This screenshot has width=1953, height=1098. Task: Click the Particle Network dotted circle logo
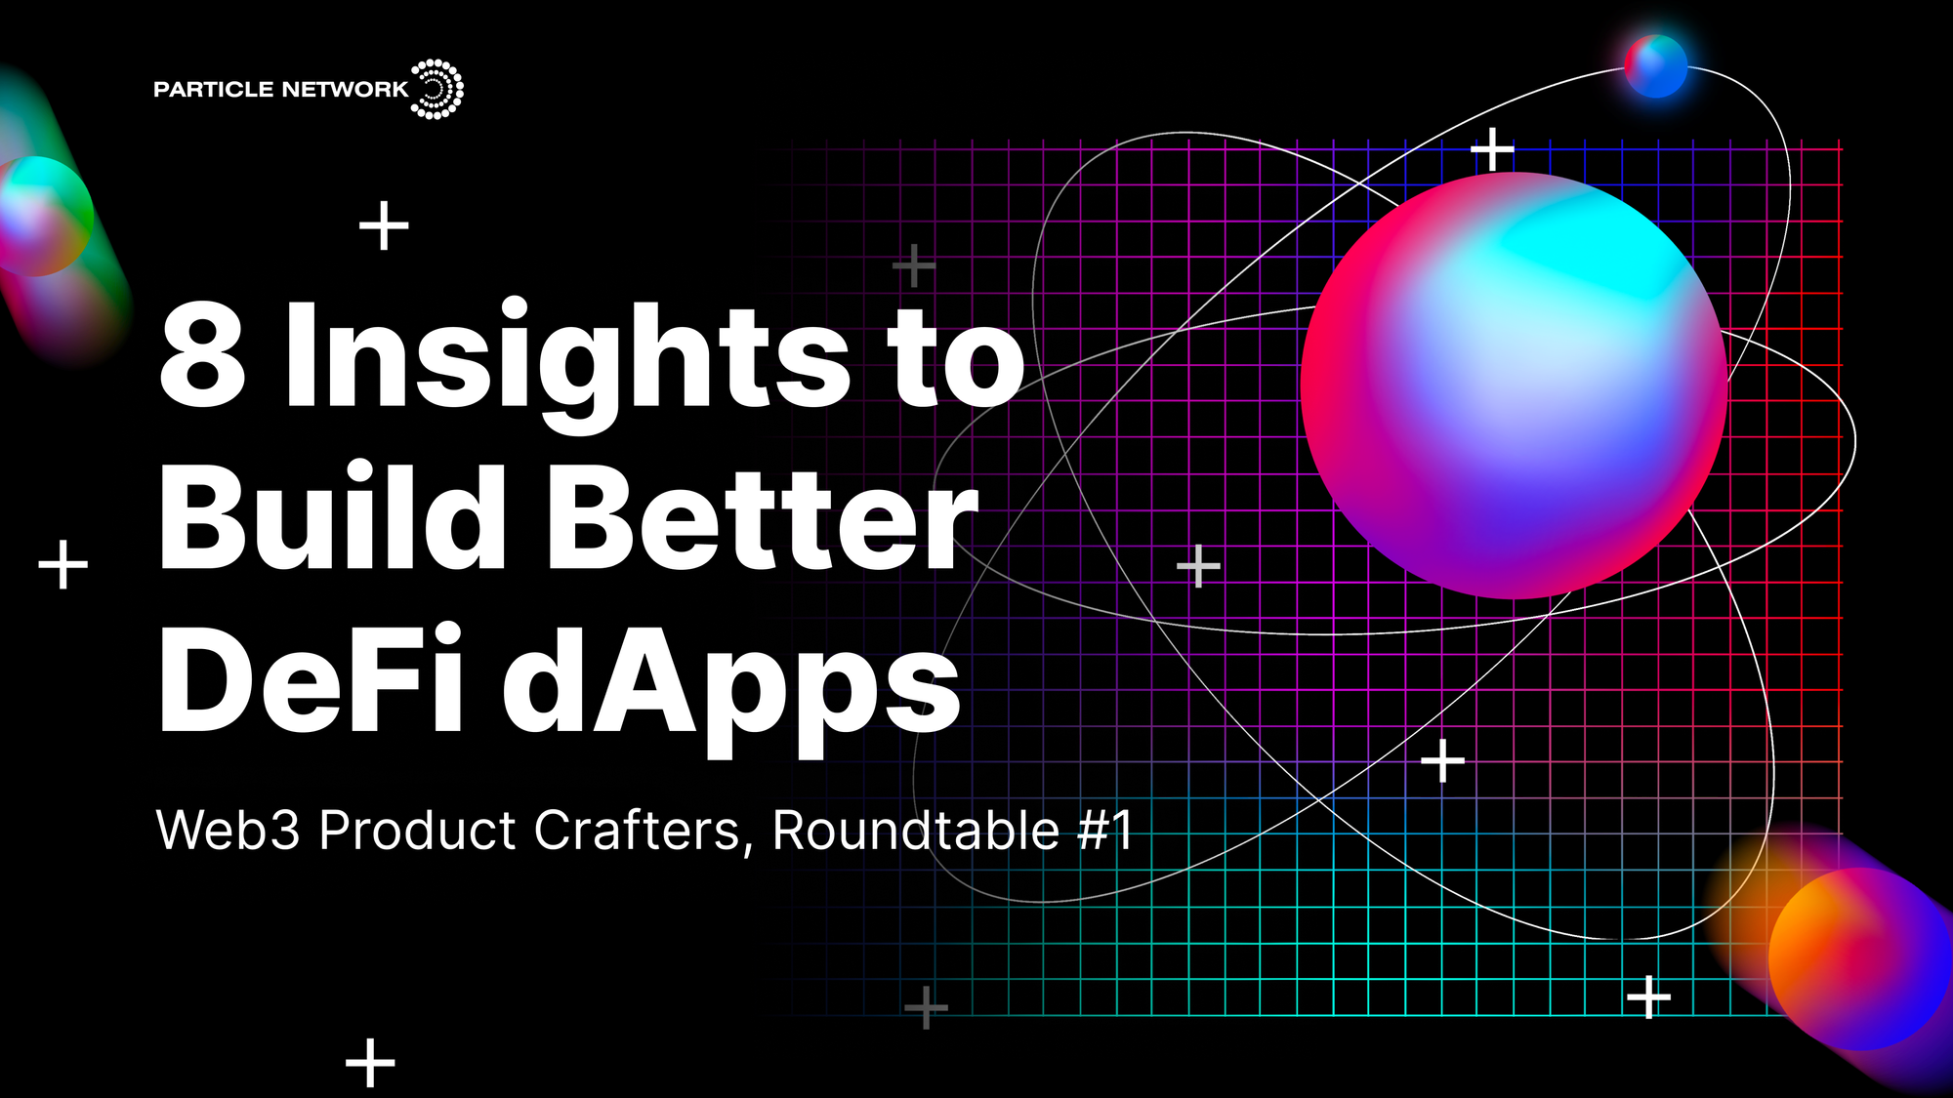click(x=436, y=89)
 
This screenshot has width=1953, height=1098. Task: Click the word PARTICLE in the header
click(x=213, y=90)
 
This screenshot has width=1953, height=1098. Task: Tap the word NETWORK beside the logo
click(x=344, y=90)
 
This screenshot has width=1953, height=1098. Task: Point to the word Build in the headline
click(x=332, y=517)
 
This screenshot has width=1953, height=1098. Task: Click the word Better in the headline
click(x=762, y=517)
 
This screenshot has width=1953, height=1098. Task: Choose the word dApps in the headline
click(x=732, y=683)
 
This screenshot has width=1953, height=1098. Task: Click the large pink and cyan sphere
click(x=1514, y=386)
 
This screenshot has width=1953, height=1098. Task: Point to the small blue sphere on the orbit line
click(x=1655, y=65)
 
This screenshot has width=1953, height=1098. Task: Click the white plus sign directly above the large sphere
click(x=1492, y=150)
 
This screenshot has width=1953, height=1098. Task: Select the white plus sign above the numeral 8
click(x=384, y=226)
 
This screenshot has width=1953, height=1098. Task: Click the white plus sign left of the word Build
click(x=63, y=564)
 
